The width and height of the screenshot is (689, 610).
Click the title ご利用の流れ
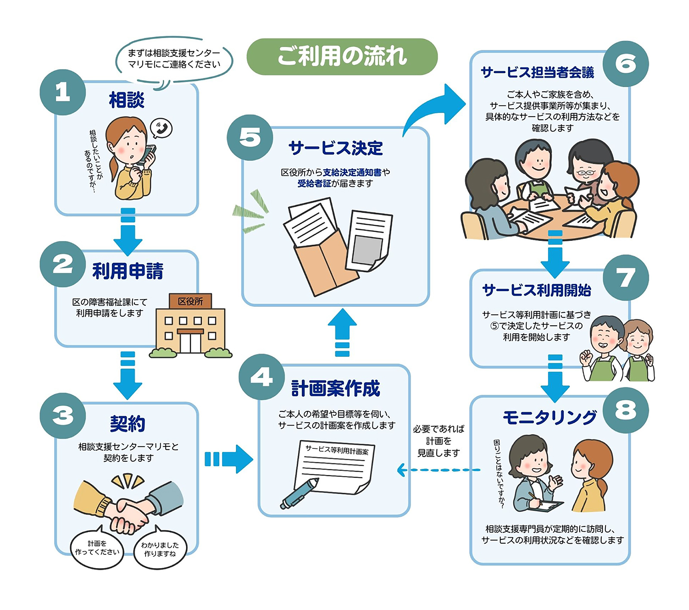(x=342, y=56)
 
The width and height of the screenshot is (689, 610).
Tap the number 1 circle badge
(x=63, y=92)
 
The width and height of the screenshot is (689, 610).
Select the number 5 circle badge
(x=250, y=137)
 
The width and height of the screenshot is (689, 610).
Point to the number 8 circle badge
(x=625, y=410)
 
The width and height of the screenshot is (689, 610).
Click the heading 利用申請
(x=128, y=271)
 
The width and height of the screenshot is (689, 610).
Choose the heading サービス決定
(x=335, y=148)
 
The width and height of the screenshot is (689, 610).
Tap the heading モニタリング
(x=549, y=417)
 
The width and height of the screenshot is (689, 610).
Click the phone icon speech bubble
(x=161, y=128)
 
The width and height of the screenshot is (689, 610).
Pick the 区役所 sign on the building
(x=190, y=301)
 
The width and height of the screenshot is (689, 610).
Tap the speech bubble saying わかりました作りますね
(x=160, y=549)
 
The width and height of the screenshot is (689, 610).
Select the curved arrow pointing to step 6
(x=435, y=108)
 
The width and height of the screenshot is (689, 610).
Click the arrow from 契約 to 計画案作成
(x=228, y=459)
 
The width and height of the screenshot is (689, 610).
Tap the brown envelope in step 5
(x=323, y=263)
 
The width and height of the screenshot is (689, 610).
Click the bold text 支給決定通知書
(x=352, y=172)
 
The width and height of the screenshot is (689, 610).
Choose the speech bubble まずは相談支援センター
(x=174, y=59)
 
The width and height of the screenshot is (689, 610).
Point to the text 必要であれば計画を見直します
(x=438, y=441)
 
